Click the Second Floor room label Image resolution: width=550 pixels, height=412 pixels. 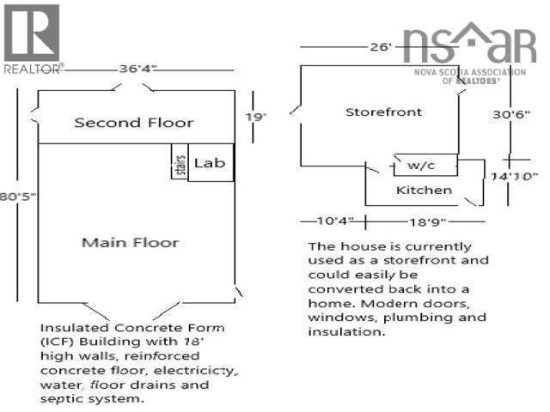click(134, 122)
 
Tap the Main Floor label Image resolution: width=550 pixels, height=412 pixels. click(130, 242)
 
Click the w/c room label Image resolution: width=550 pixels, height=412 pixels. click(420, 164)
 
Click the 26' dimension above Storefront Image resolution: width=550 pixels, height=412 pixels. click(380, 46)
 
